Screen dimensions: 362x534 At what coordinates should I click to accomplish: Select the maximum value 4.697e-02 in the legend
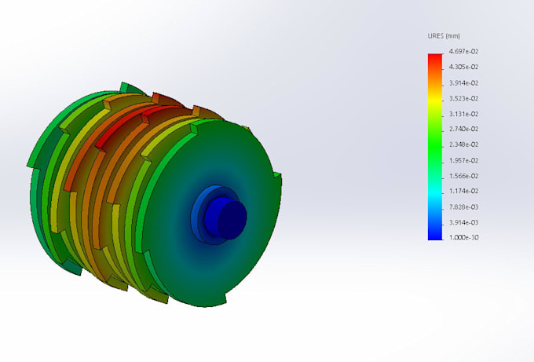[463, 51]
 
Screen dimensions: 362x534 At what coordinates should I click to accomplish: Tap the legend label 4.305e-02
[463, 67]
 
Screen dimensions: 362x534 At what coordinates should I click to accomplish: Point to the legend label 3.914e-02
[463, 82]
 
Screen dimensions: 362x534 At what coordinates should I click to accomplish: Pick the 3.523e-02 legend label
[463, 98]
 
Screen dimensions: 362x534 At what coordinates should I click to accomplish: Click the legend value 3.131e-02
[463, 114]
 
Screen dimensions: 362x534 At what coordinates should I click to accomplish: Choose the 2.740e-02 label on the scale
[463, 129]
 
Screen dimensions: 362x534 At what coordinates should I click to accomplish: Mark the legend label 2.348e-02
[463, 144]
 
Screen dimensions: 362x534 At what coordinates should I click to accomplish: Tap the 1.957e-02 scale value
[463, 160]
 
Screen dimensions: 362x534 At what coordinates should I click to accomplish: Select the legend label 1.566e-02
[463, 176]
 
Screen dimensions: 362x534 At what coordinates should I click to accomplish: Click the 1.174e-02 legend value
[463, 191]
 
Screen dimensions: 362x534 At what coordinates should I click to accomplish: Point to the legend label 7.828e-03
[463, 207]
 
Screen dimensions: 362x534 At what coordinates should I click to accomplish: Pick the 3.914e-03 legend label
[463, 222]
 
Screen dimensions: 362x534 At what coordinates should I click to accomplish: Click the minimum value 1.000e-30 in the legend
[463, 237]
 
